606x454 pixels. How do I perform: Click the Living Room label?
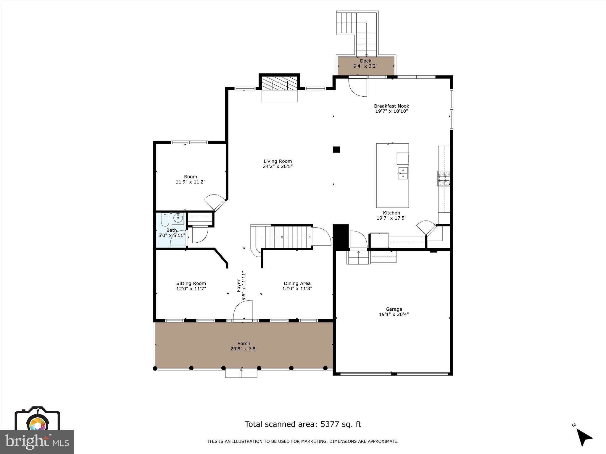[278, 161]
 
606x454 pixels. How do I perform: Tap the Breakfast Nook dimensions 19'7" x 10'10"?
[391, 111]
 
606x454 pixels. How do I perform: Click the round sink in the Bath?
[178, 218]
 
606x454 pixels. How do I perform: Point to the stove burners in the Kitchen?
[444, 178]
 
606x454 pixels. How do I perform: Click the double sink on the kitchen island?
[403, 173]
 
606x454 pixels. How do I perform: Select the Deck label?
[365, 61]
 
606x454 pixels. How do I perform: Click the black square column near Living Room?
[336, 150]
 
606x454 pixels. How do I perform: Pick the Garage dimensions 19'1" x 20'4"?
[394, 314]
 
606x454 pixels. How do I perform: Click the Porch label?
[244, 343]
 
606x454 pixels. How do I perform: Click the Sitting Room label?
[191, 283]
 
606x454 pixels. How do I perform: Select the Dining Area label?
[297, 283]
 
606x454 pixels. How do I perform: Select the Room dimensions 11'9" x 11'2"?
[191, 182]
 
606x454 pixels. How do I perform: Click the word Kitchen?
[391, 213]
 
